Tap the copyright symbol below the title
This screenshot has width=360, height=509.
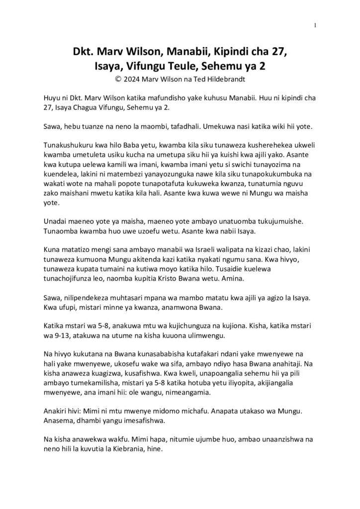point(117,79)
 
